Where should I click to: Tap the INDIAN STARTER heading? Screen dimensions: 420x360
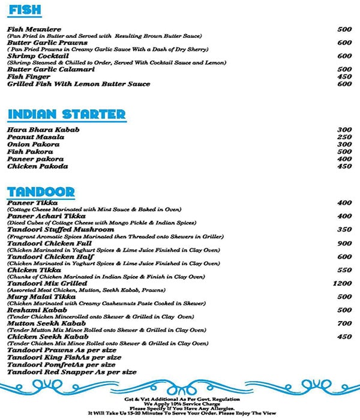(66, 115)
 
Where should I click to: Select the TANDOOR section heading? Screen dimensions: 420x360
(41, 193)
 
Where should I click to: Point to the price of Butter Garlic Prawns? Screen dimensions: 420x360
(344, 43)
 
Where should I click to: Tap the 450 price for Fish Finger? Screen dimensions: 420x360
(344, 76)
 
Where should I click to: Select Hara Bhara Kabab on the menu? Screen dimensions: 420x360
(43, 130)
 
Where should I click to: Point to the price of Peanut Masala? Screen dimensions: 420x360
(344, 137)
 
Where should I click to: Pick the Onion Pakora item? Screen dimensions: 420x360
(33, 145)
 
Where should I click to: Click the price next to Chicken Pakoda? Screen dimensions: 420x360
(344, 167)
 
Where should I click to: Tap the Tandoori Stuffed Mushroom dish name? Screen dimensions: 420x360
(60, 229)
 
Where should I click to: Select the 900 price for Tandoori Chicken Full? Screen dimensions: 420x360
(344, 243)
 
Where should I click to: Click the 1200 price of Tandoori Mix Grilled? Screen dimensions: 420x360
(342, 283)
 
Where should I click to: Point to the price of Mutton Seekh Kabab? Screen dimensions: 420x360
(344, 323)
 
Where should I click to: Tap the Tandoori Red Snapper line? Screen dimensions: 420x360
(72, 372)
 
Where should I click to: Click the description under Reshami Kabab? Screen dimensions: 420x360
(100, 316)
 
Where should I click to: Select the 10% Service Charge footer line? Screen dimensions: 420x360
(180, 404)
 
